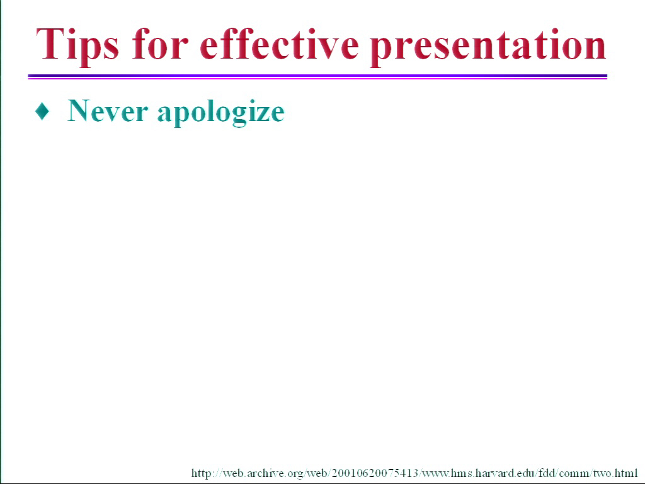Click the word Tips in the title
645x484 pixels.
(x=77, y=45)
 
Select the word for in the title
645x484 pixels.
(x=161, y=43)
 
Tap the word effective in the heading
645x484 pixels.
(x=279, y=43)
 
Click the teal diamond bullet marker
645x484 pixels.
(x=42, y=111)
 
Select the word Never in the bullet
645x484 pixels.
(x=107, y=111)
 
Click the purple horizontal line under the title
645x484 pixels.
(x=317, y=76)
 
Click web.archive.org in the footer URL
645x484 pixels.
(x=263, y=473)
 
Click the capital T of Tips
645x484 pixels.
(x=49, y=43)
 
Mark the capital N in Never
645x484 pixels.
(x=79, y=111)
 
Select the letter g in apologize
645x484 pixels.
(x=233, y=117)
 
